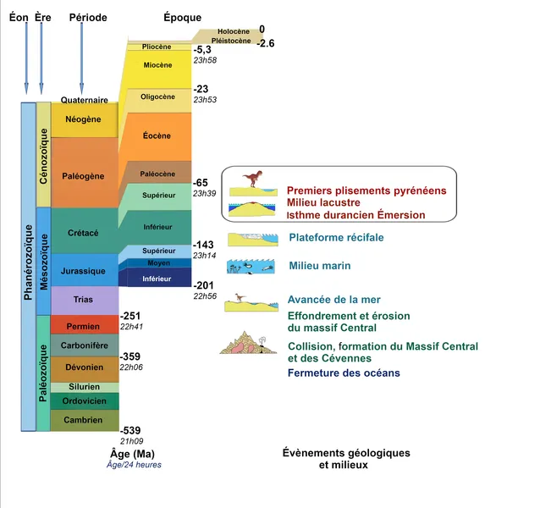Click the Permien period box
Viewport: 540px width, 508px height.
pos(84,326)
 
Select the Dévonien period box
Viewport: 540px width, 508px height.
pos(84,368)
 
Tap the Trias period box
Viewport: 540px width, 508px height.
pos(84,299)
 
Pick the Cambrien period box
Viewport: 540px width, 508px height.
pos(84,420)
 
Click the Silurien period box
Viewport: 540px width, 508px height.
pos(84,387)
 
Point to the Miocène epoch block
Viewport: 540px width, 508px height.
pos(157,65)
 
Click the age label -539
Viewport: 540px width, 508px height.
pos(131,430)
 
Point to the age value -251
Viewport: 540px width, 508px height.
pos(131,315)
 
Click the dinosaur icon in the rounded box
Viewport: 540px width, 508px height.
pos(252,179)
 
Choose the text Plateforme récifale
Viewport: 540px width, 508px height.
pos(336,238)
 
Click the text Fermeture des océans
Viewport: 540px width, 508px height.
pos(344,373)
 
